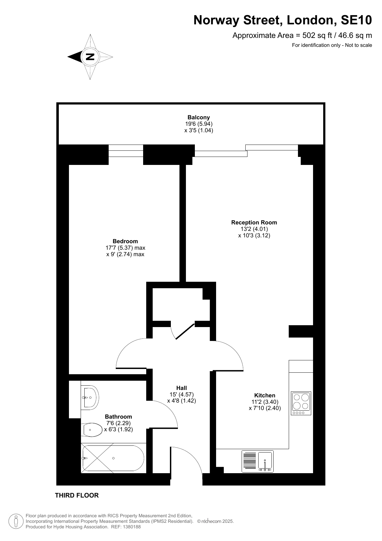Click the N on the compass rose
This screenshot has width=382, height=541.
click(90, 57)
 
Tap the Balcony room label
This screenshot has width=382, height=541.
click(199, 117)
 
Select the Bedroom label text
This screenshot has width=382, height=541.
click(125, 241)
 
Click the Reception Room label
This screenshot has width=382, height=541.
click(254, 222)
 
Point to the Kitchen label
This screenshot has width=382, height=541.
click(265, 395)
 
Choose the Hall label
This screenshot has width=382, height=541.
click(182, 388)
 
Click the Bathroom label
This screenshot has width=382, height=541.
click(119, 416)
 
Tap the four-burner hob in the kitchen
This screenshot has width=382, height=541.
click(301, 403)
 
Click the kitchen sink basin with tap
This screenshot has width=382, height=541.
click(265, 461)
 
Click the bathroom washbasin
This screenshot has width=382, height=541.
click(90, 397)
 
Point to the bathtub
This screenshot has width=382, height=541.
click(112, 458)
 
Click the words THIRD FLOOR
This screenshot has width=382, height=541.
click(77, 495)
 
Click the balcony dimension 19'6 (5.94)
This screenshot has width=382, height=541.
click(199, 124)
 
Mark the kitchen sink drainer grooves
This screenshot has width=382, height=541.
click(249, 461)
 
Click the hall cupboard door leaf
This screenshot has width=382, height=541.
click(185, 331)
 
